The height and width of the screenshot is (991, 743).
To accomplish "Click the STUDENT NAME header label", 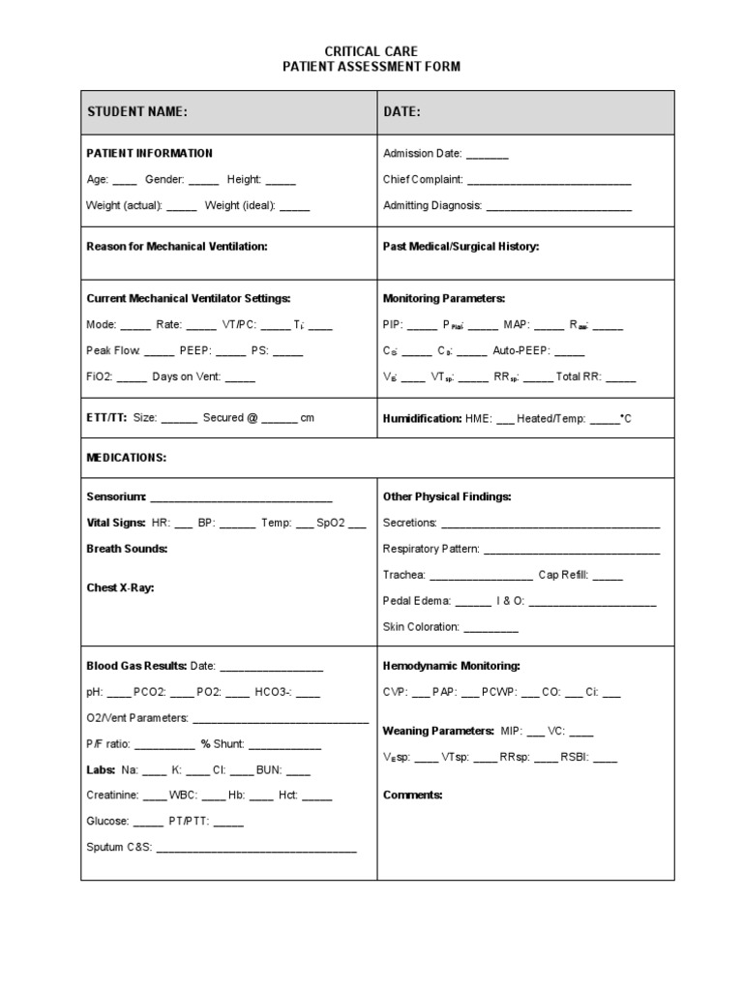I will point(136,113).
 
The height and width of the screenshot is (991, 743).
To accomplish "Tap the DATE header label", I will point(401,113).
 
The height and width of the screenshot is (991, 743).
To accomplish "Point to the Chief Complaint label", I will point(423,180).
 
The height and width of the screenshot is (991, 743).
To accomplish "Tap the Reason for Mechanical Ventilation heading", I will point(177,247).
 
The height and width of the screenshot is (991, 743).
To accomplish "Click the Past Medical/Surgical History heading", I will point(461,247).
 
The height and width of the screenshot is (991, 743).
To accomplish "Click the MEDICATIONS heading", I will point(127,457).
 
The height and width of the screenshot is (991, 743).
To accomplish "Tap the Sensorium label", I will point(115,496).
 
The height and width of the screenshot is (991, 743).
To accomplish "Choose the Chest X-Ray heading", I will point(120,587).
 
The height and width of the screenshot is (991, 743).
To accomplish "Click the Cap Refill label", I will point(563,575).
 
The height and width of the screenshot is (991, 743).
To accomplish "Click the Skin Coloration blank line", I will point(491,628).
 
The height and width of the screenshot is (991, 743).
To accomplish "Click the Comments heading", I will point(412,796).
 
